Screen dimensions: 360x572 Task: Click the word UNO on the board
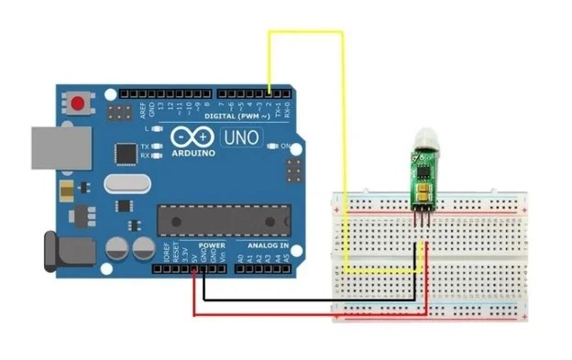(x=240, y=138)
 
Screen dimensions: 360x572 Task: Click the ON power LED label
(x=285, y=146)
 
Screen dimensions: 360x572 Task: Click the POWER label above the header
(x=212, y=246)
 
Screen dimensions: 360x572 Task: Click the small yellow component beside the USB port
(x=69, y=191)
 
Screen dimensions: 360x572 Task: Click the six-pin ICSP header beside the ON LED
(x=295, y=169)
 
